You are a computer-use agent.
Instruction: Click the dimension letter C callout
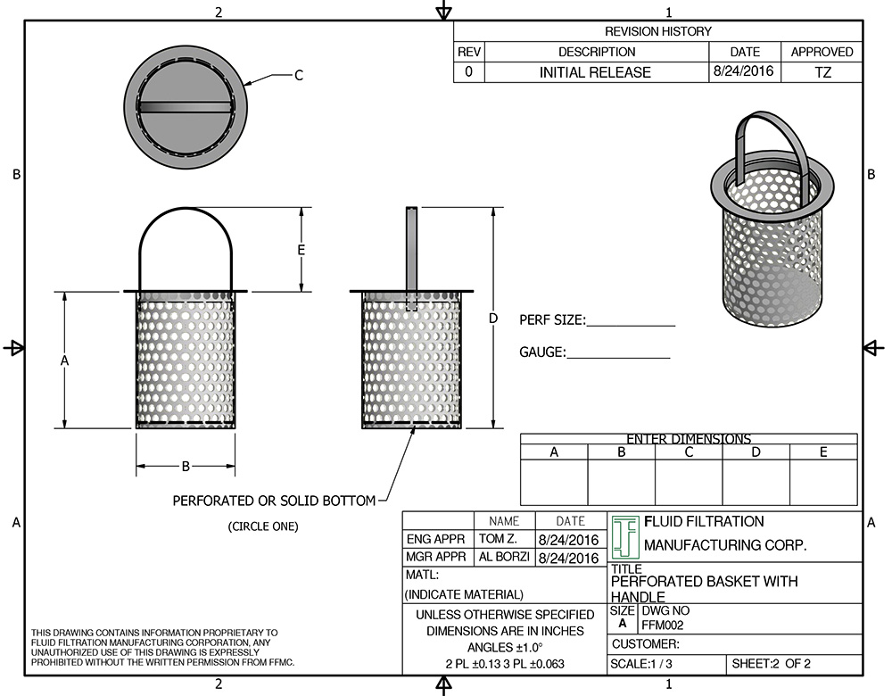coord(299,76)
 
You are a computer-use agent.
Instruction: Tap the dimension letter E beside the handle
coord(301,250)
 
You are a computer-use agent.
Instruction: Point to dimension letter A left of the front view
coord(64,360)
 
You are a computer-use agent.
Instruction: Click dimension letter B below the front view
coord(186,466)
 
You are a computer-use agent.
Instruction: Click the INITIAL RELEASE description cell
coord(595,72)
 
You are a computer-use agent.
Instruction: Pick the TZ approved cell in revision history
coord(822,72)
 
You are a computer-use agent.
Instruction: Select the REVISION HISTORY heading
coord(658,31)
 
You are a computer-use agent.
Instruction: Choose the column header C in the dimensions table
coord(689,452)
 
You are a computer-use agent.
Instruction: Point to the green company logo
coord(625,536)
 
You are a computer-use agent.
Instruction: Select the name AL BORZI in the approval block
coord(504,558)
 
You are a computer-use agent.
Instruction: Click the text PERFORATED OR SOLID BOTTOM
coord(274,501)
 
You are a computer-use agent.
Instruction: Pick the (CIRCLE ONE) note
coord(262,526)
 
